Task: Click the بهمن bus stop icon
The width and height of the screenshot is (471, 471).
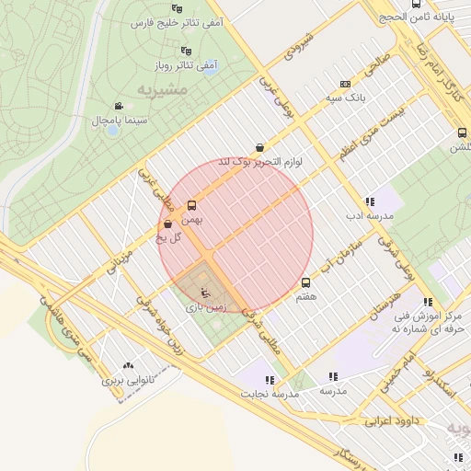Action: pos(191,205)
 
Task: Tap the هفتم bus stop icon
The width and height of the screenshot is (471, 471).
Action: pos(306,282)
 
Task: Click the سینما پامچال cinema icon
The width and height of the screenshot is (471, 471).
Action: pos(118,107)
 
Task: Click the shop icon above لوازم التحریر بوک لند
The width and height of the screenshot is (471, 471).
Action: pos(260,147)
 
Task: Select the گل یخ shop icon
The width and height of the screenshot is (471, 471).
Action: pos(167,224)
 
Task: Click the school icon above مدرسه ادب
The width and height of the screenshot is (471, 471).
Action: pos(370,201)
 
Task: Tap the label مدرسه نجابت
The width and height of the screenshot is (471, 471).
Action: pos(271,394)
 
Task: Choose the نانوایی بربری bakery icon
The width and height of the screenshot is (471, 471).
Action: pos(127,365)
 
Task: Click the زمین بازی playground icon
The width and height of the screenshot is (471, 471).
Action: pos(204,292)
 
